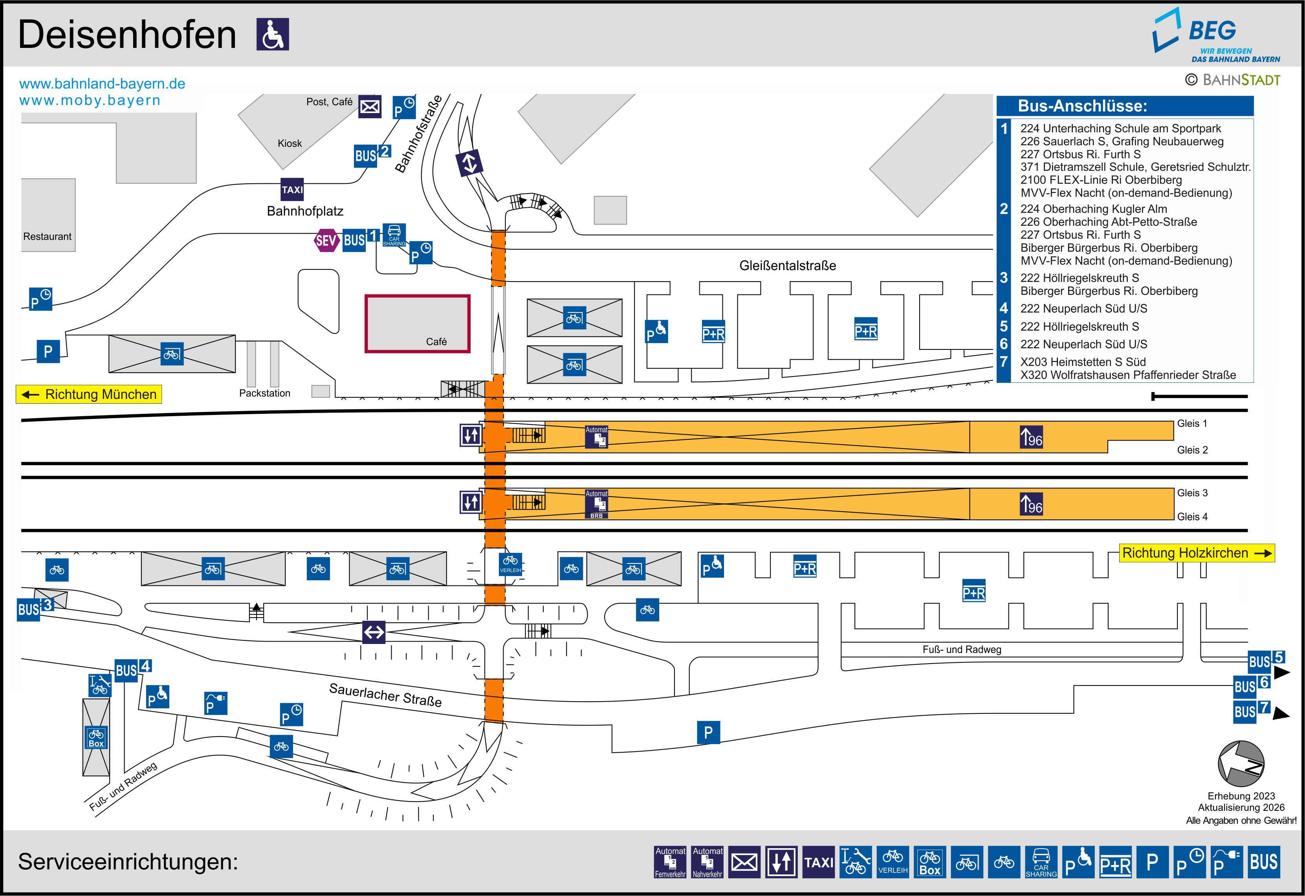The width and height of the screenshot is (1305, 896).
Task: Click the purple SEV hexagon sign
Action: click(326, 241)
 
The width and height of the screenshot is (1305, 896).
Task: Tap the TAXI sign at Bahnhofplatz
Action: click(292, 189)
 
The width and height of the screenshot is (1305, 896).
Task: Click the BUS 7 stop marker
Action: click(1252, 711)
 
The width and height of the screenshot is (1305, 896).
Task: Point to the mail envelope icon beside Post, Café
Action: click(370, 106)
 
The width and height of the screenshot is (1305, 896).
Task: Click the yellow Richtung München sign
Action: click(89, 394)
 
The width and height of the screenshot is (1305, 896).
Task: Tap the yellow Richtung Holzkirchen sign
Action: click(1197, 553)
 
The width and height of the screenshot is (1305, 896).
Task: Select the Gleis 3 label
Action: click(1192, 493)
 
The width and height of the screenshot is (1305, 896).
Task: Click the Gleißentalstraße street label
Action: click(787, 265)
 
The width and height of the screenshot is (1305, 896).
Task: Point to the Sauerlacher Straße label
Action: click(385, 695)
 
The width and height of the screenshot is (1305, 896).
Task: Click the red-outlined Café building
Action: click(417, 324)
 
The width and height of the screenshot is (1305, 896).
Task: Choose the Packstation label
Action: click(264, 393)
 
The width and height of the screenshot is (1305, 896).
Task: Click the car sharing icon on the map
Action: click(394, 235)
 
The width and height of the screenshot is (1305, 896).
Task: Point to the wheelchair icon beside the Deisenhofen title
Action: click(273, 34)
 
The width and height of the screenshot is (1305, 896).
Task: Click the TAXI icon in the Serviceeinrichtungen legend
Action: click(818, 862)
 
